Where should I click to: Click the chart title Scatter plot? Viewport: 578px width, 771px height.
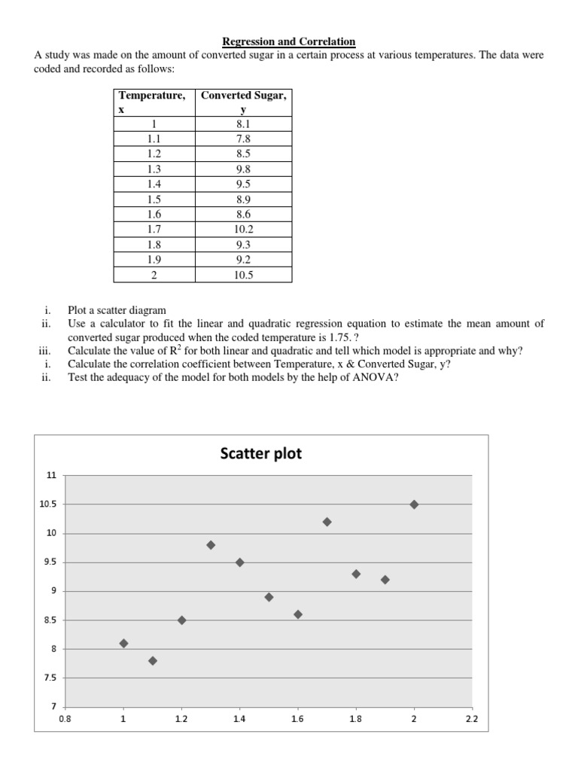[x=261, y=453]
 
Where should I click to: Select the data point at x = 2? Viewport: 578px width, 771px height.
[x=414, y=504]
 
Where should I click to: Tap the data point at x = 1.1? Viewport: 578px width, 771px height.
[x=153, y=661]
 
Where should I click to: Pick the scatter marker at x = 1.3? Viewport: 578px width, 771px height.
[x=211, y=545]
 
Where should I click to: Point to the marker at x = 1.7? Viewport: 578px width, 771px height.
[x=327, y=522]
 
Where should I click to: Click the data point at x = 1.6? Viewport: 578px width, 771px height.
[x=298, y=614]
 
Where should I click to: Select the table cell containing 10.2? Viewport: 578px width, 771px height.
[x=243, y=230]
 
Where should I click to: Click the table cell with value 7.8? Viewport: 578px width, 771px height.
[x=243, y=139]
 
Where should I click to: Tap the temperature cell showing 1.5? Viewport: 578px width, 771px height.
[x=154, y=199]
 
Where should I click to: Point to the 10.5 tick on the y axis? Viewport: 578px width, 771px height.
[x=48, y=504]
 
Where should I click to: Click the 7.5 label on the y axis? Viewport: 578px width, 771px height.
[x=50, y=678]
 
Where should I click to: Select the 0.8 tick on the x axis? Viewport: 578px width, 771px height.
[x=65, y=719]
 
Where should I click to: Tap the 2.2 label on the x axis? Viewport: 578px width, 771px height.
[x=471, y=719]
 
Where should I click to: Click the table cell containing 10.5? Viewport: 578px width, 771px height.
[x=243, y=275]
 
